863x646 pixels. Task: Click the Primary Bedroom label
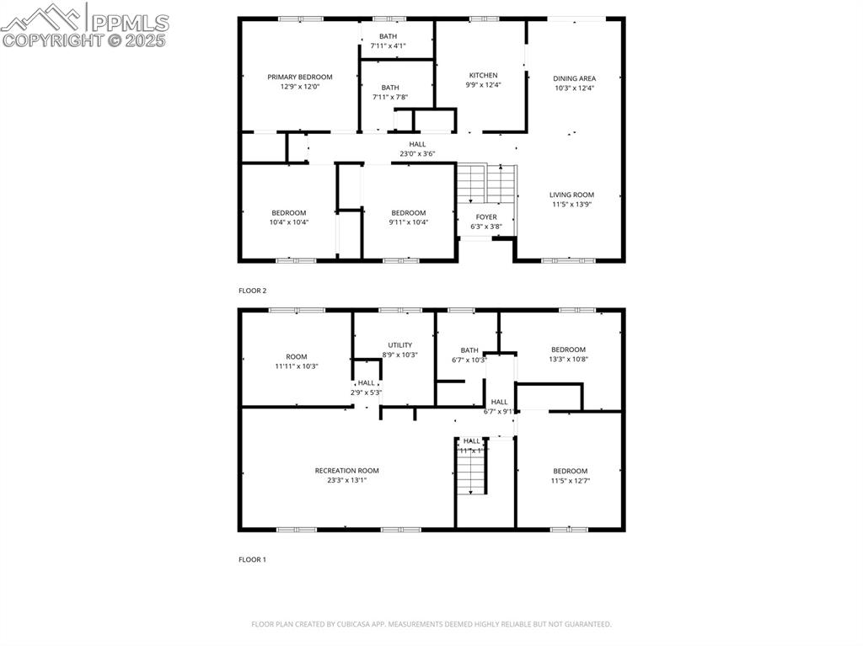coord(300,77)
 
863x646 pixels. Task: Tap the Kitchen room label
coord(483,75)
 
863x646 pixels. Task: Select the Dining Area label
coord(574,78)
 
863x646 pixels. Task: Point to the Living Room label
coord(571,195)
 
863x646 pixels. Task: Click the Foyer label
coord(485,217)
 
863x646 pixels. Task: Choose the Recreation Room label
coord(346,471)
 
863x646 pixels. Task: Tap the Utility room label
coord(399,345)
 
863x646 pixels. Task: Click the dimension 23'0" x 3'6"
coord(417,154)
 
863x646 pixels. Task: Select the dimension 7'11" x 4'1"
coord(389,45)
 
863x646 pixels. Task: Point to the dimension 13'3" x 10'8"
coord(568,359)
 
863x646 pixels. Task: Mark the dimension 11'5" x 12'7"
coord(571,481)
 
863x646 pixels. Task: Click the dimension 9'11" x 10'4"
coord(409,222)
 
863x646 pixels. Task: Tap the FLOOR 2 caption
coord(252,291)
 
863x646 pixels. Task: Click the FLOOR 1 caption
coord(252,559)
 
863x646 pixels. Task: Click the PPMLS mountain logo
coord(42,18)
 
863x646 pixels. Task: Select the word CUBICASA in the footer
coord(347,624)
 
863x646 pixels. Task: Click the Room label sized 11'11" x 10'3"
coord(296,356)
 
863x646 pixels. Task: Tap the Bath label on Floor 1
coord(469,350)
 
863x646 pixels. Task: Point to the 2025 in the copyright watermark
coord(147,40)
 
